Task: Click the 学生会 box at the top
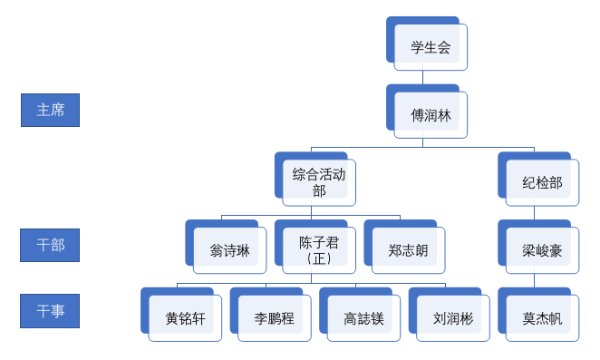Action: tap(431, 47)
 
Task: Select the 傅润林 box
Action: tap(431, 115)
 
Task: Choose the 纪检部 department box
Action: tap(542, 182)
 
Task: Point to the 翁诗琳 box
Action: tap(229, 250)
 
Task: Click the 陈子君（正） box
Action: tap(319, 250)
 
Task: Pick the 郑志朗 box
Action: tap(408, 250)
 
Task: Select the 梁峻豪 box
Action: tap(542, 250)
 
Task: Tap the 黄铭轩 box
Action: tap(185, 318)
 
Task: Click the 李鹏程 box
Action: tap(274, 318)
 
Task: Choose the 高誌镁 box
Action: tap(363, 318)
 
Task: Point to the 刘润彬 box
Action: tap(452, 318)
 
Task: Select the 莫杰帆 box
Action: tap(542, 318)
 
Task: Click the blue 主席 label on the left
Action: tap(50, 110)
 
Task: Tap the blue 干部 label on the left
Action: tap(50, 245)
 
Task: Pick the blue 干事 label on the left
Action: tap(50, 311)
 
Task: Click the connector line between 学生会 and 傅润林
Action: tap(422, 77)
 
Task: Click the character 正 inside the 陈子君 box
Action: tap(319, 258)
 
